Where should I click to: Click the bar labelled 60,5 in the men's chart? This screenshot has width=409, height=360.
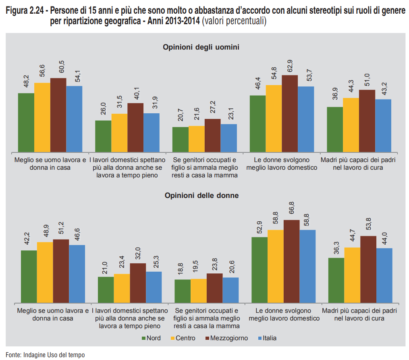(x=58, y=115)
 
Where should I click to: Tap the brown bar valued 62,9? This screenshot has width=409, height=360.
(x=290, y=113)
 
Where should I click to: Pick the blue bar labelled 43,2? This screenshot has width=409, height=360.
(x=383, y=125)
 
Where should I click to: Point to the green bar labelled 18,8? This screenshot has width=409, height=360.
(x=183, y=291)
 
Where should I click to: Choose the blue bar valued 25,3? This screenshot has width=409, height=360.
(x=154, y=287)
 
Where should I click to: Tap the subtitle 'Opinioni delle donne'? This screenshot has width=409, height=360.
(x=201, y=196)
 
